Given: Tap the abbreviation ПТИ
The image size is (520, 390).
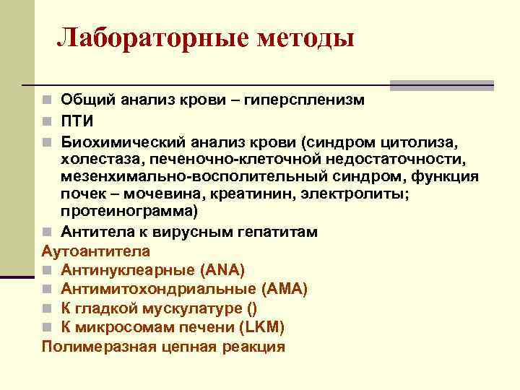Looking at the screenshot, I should click(77, 118).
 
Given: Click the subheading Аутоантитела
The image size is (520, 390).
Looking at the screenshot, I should click(96, 251).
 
